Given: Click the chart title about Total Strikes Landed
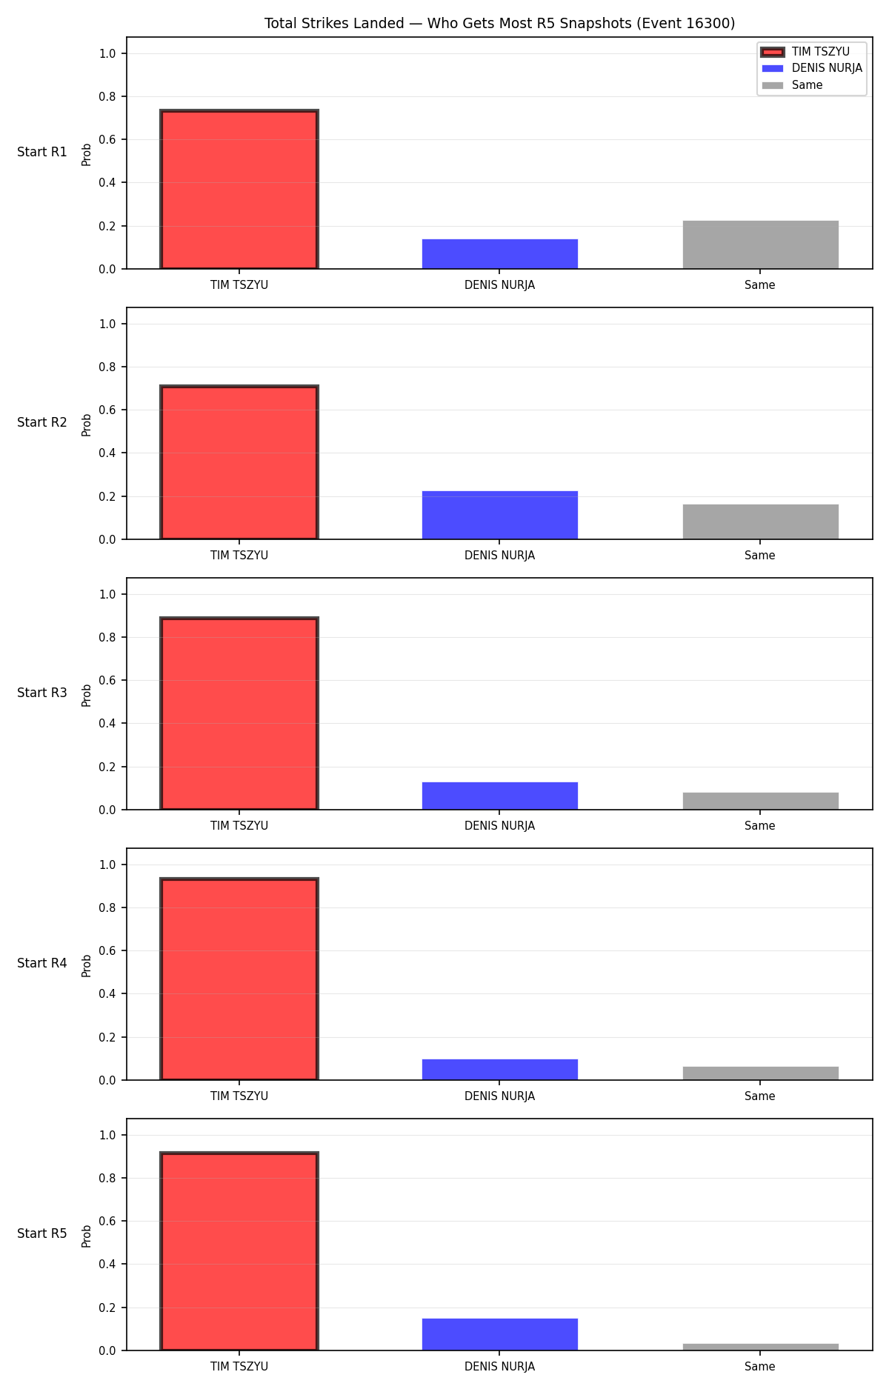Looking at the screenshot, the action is click(x=499, y=24).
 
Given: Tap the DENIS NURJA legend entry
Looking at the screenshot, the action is click(x=812, y=68).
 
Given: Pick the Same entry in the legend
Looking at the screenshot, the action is click(x=792, y=85).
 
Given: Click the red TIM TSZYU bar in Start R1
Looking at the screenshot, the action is click(x=239, y=190).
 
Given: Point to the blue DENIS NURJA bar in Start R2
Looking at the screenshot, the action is click(x=500, y=515).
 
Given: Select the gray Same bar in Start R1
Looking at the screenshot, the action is click(x=761, y=244).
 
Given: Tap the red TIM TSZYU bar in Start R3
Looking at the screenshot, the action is click(x=239, y=714).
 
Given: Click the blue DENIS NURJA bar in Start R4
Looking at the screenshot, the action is click(x=500, y=1070).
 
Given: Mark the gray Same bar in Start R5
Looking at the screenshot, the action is click(x=761, y=1347).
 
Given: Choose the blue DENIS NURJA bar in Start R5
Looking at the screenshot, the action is click(x=500, y=1334).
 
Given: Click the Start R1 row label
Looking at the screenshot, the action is click(x=42, y=153).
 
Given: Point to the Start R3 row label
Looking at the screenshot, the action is click(x=42, y=693).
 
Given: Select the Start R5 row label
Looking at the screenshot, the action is click(x=42, y=1234).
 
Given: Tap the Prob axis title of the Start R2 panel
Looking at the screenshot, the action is click(x=87, y=424).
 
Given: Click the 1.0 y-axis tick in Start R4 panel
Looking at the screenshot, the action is click(x=107, y=865).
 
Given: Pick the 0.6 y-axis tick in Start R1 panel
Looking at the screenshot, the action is click(x=107, y=140).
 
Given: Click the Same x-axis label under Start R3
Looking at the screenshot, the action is click(x=760, y=826).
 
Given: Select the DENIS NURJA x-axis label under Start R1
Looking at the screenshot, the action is click(x=500, y=285).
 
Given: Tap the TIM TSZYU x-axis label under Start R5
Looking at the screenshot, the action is click(x=239, y=1367).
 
